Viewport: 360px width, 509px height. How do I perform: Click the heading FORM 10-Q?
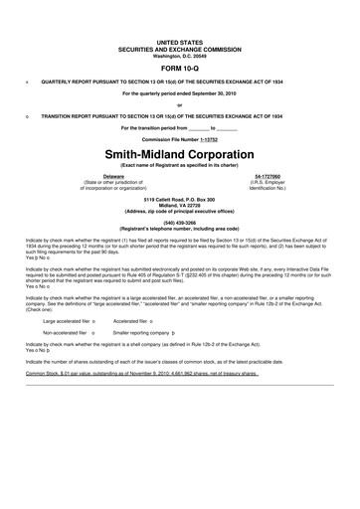(179, 67)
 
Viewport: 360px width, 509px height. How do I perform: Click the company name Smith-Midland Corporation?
(179, 155)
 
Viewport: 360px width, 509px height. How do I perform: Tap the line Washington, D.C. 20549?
(179, 52)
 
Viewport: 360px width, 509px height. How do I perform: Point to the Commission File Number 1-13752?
(179, 139)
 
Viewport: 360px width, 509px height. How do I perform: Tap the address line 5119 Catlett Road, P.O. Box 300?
(179, 199)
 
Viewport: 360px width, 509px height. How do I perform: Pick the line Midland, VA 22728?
(179, 205)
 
